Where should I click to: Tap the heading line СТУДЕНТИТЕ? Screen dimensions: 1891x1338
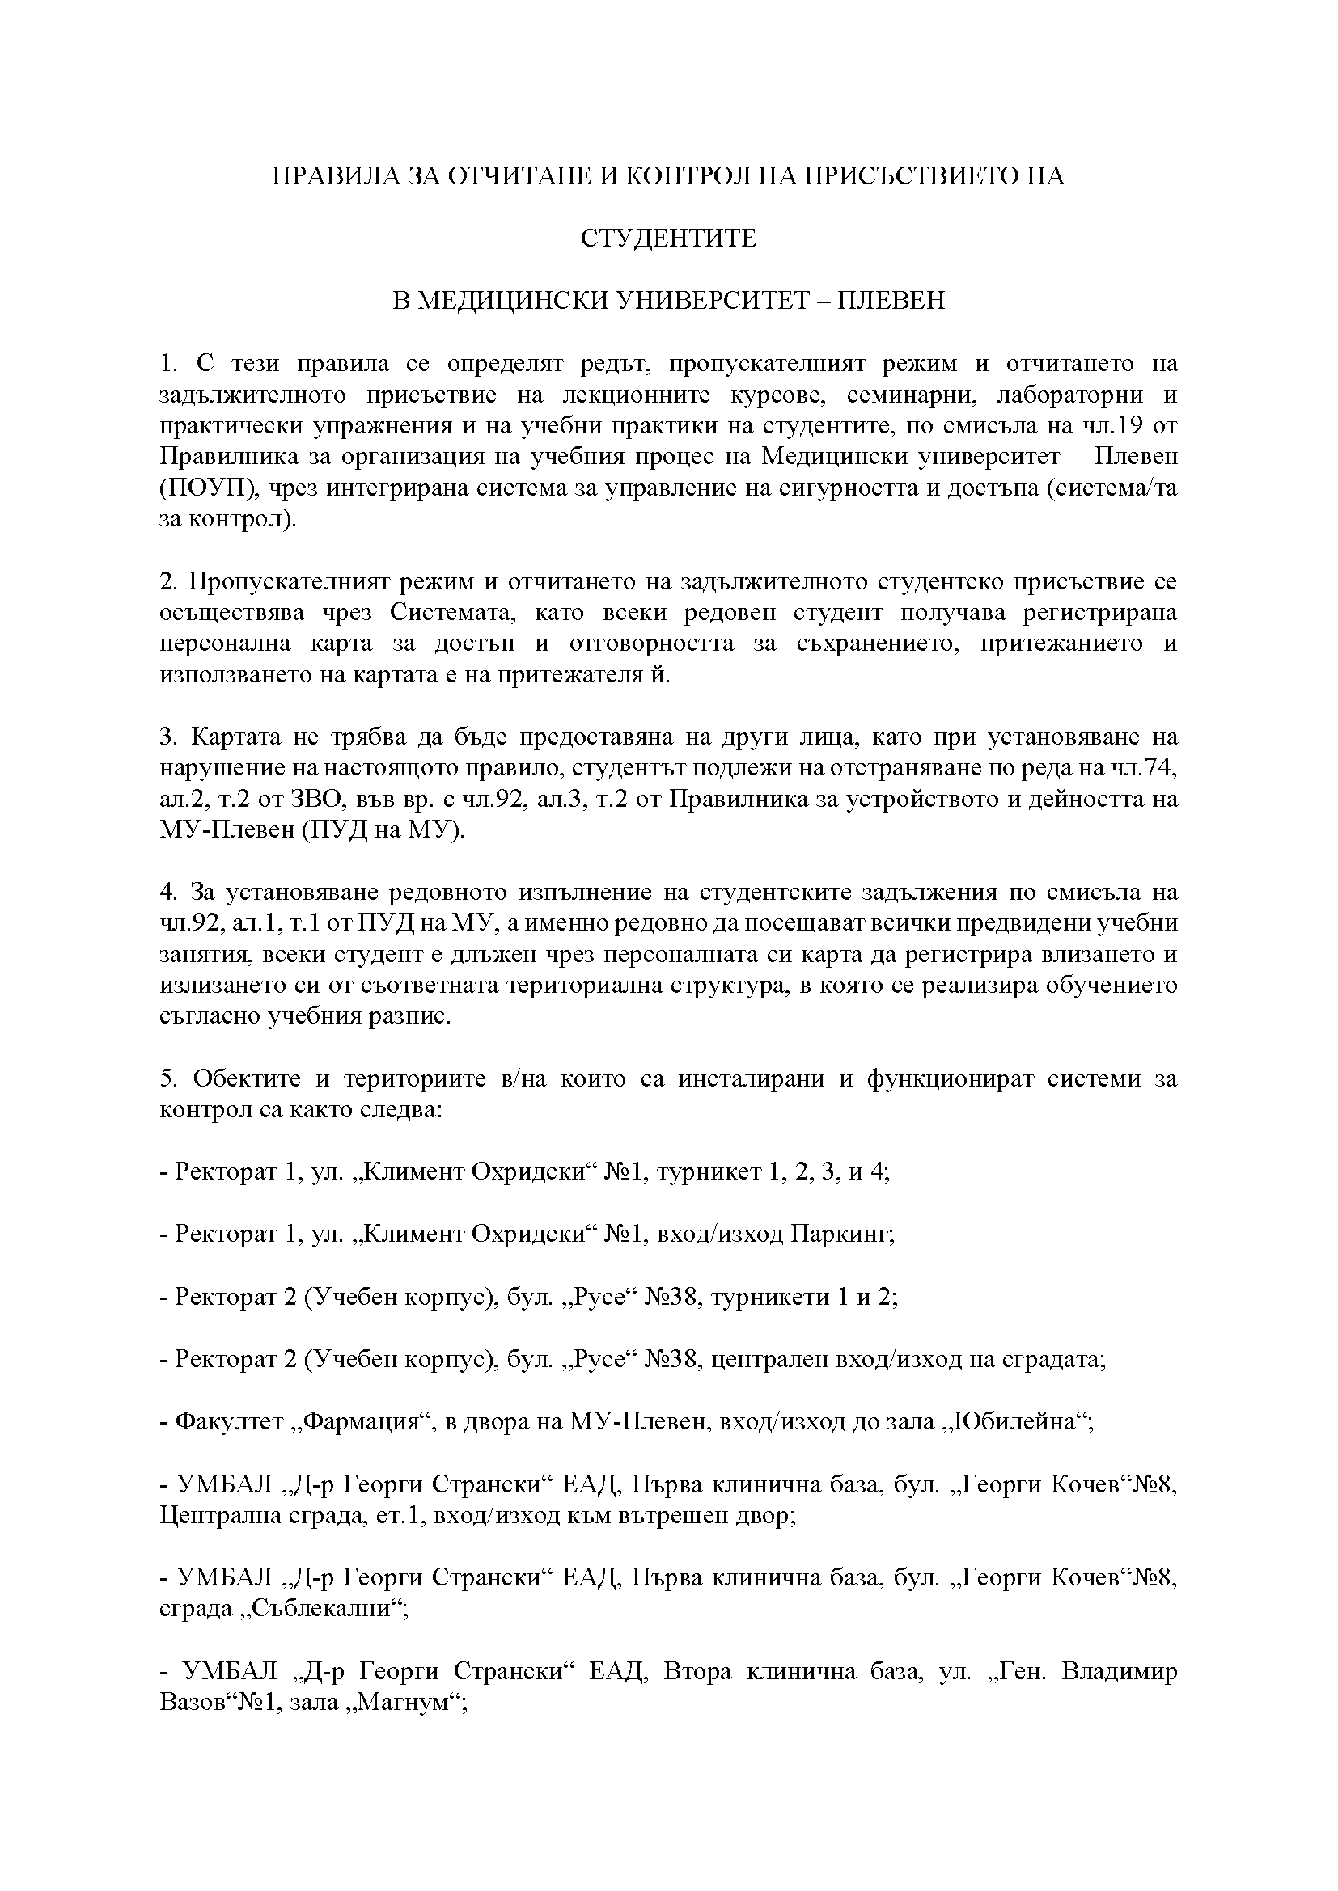point(668,238)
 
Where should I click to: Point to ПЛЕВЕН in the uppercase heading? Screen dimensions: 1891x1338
point(891,301)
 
